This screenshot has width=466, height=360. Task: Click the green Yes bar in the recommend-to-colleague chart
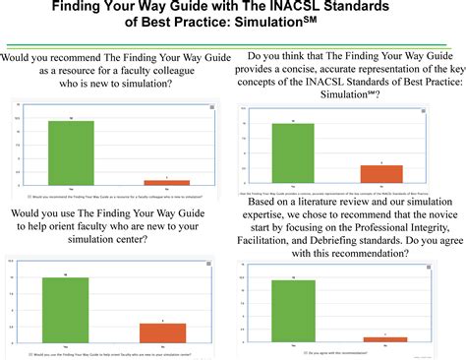pyautogui.click(x=71, y=152)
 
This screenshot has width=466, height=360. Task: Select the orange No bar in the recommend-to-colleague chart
pyautogui.click(x=166, y=182)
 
